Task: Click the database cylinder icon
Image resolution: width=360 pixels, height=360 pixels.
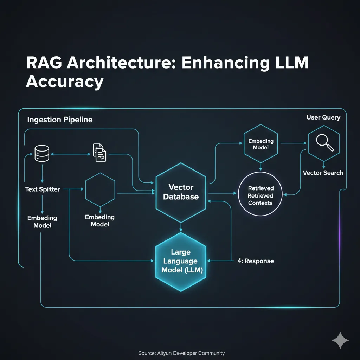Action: [42, 153]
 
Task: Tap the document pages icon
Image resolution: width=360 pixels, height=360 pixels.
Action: [99, 153]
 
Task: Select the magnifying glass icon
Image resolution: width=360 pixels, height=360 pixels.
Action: [324, 142]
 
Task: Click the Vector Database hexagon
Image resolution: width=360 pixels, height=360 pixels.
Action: [181, 192]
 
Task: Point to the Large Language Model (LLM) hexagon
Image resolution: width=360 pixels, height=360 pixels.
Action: [181, 262]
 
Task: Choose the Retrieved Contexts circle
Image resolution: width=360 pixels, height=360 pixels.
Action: [261, 194]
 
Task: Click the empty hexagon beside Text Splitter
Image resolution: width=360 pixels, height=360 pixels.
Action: [100, 190]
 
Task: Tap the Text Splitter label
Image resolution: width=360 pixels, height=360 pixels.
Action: [43, 189]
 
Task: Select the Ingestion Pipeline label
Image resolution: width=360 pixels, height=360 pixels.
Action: [60, 120]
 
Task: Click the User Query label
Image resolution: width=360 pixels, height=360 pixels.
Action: [323, 117]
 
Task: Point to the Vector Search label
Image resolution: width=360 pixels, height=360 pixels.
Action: [323, 173]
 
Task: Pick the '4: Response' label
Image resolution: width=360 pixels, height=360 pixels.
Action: [256, 261]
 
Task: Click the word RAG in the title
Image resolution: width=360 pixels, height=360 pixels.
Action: [44, 63]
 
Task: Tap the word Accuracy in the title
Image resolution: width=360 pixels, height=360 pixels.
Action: [65, 82]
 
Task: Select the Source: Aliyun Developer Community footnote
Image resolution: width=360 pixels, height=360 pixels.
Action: [181, 353]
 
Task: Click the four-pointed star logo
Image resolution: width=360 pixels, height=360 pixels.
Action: [340, 340]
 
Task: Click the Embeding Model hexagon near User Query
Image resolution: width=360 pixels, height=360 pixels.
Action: [261, 143]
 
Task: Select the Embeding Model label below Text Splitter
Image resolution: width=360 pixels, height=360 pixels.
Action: [42, 221]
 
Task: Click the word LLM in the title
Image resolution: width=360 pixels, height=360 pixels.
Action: [291, 63]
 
